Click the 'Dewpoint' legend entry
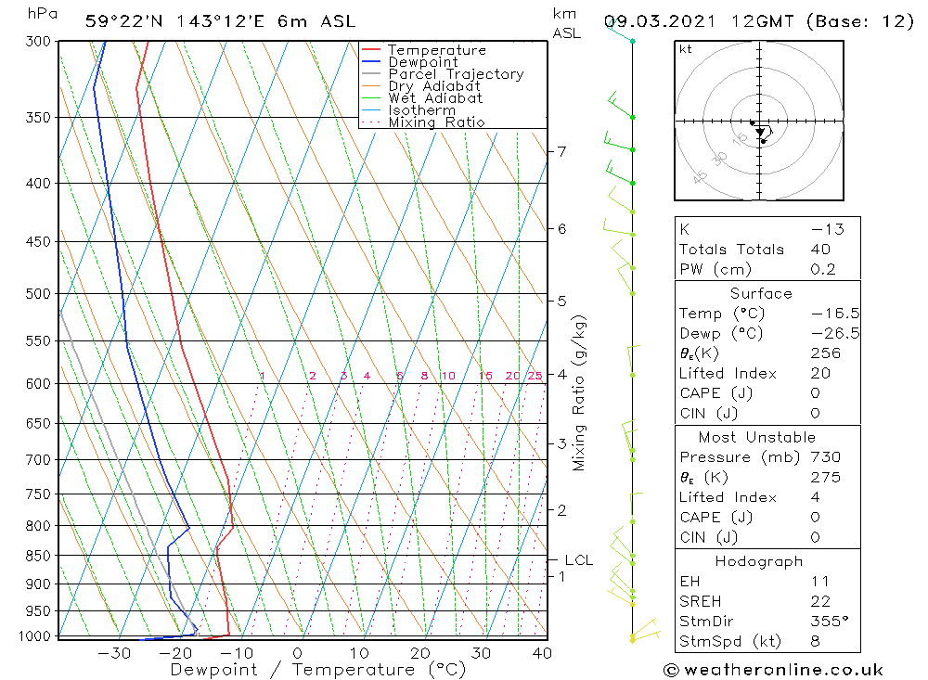point(423,62)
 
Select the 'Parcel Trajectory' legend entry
point(456,74)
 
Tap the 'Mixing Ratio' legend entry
point(436,122)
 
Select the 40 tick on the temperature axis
point(542,653)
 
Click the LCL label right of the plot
point(579,560)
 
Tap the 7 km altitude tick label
point(562,151)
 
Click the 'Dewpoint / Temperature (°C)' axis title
point(318,670)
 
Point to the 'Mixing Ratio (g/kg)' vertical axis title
point(580,392)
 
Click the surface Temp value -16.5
point(821,314)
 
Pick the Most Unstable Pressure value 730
point(825,457)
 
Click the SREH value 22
point(820,601)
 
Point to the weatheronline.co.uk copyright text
point(773,670)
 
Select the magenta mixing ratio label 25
point(535,376)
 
